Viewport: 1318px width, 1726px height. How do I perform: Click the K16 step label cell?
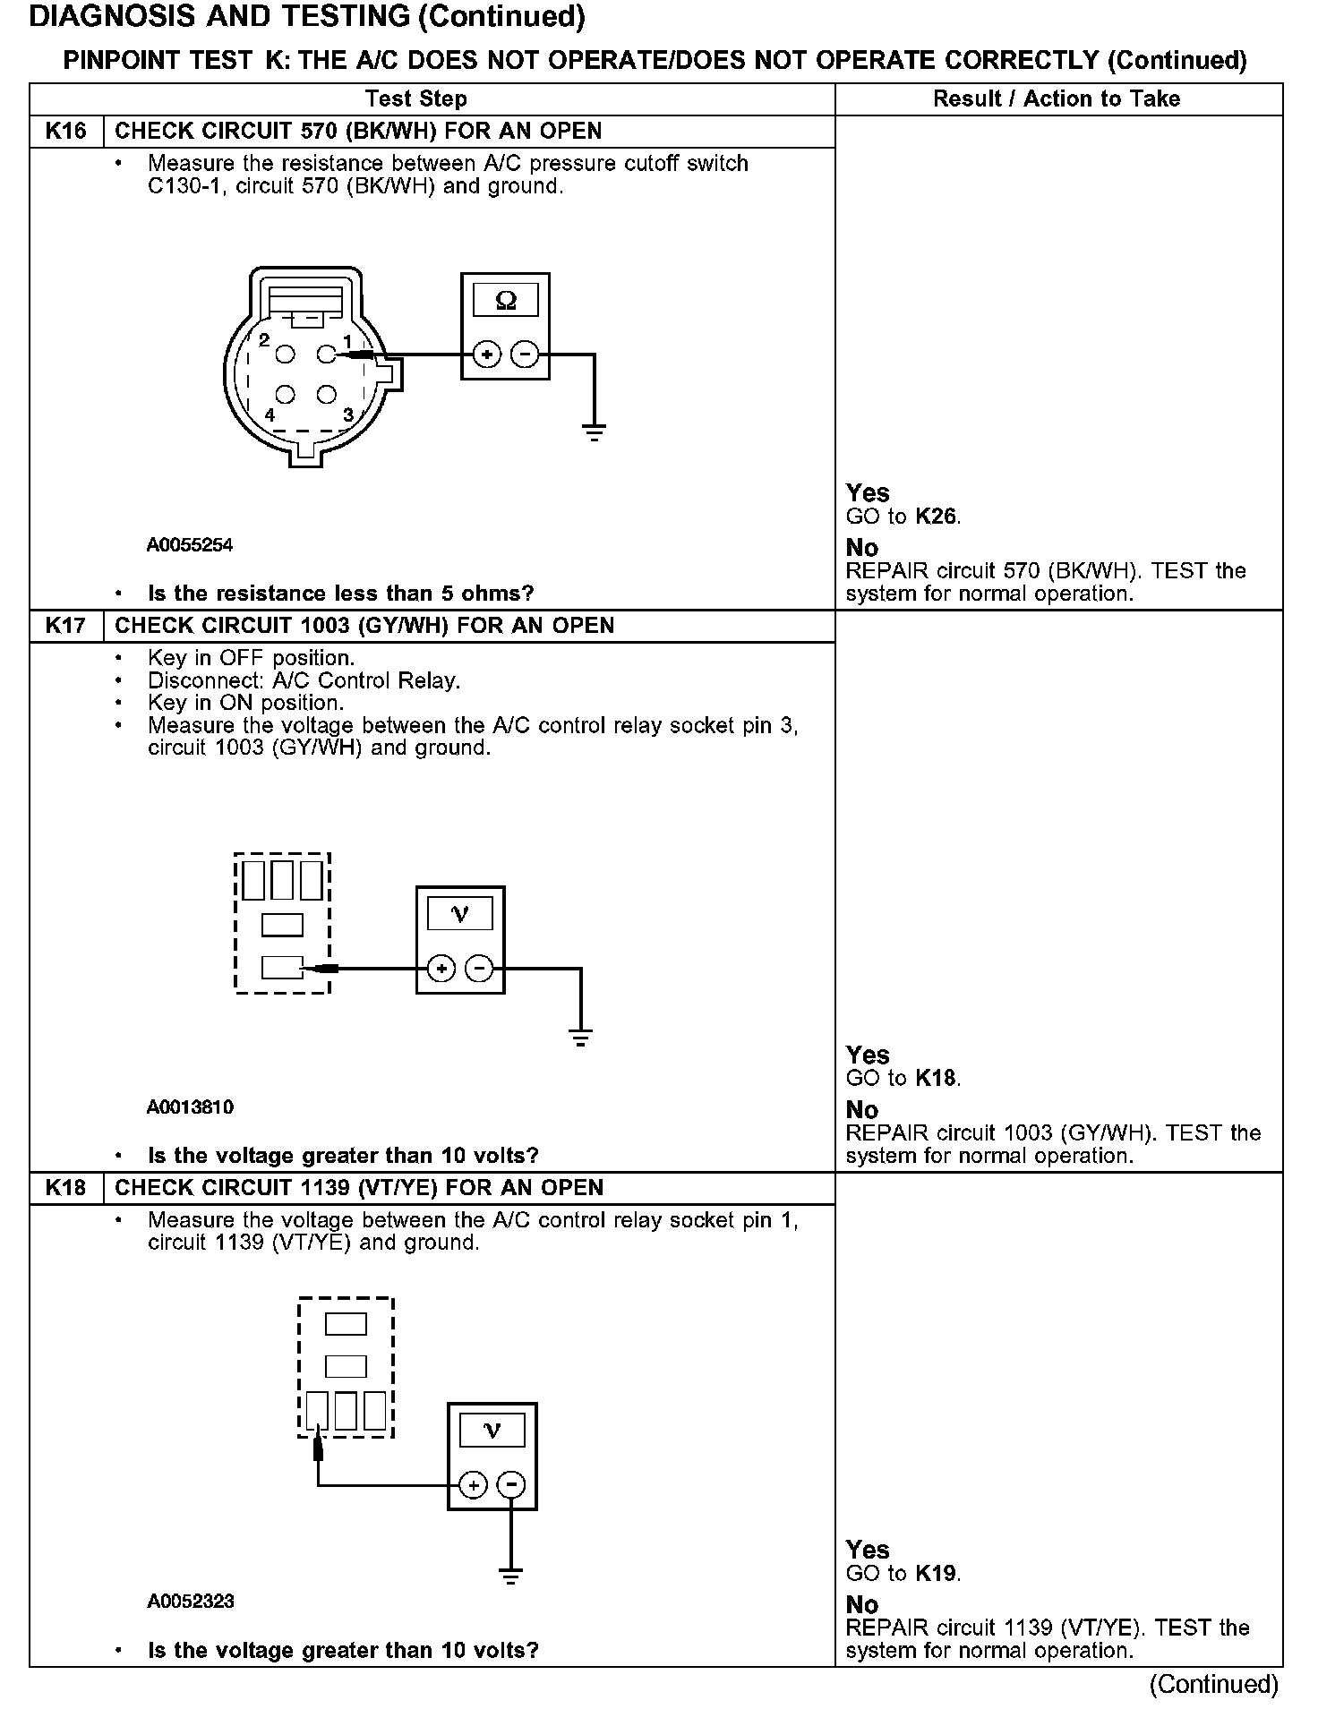coord(66,132)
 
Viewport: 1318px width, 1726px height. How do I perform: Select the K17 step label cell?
coord(66,626)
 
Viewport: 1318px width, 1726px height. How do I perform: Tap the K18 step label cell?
coord(66,1188)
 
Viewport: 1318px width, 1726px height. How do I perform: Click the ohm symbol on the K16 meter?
coord(505,301)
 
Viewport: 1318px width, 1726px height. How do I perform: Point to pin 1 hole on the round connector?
coord(327,355)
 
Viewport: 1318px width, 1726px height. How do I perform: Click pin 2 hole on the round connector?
coord(286,355)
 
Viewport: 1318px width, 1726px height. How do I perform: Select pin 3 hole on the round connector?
coord(327,395)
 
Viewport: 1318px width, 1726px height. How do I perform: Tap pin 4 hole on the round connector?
coord(286,395)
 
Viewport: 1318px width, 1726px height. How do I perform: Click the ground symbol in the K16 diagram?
coord(594,432)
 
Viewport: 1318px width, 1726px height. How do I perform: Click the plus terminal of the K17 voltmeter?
coord(441,968)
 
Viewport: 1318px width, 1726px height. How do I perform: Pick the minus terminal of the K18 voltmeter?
coord(511,1485)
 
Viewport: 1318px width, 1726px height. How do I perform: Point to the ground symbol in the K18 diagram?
coord(510,1575)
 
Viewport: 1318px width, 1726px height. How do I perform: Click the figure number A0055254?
coord(190,545)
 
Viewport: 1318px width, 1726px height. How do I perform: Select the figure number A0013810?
coord(190,1107)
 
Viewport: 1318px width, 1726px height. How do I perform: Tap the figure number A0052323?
coord(190,1602)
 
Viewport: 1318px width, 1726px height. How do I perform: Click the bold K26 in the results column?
coord(937,517)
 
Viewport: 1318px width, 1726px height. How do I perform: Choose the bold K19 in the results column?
coord(937,1573)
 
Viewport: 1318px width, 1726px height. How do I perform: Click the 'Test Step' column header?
coord(416,99)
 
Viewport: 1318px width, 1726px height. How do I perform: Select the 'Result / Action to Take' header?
coord(1057,99)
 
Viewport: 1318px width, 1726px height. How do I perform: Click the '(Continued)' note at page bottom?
coord(1213,1685)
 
